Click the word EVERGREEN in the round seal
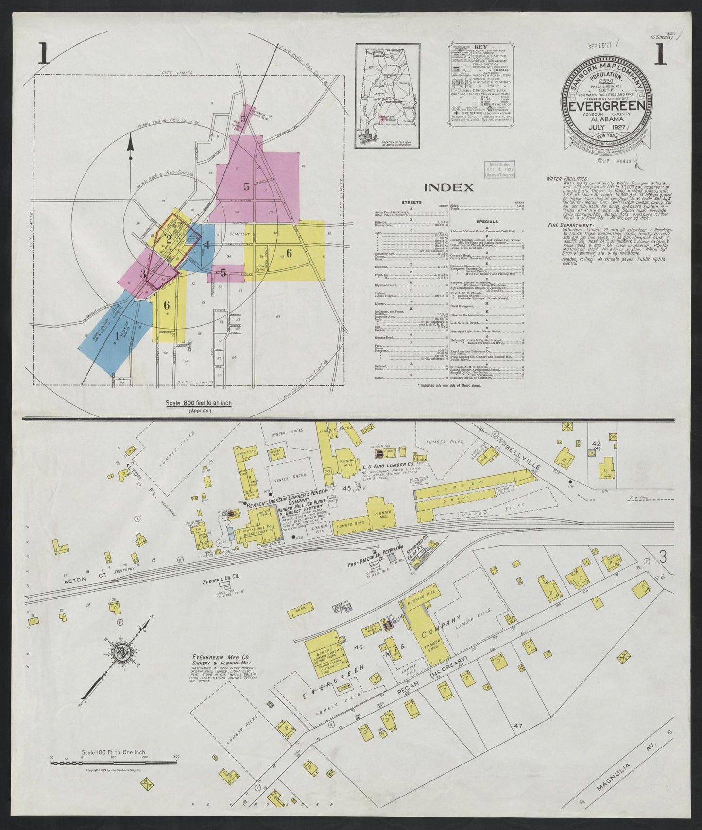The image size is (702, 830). pos(607,106)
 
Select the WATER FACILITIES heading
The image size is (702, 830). pos(567,179)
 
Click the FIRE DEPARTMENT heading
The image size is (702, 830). pos(566,225)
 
